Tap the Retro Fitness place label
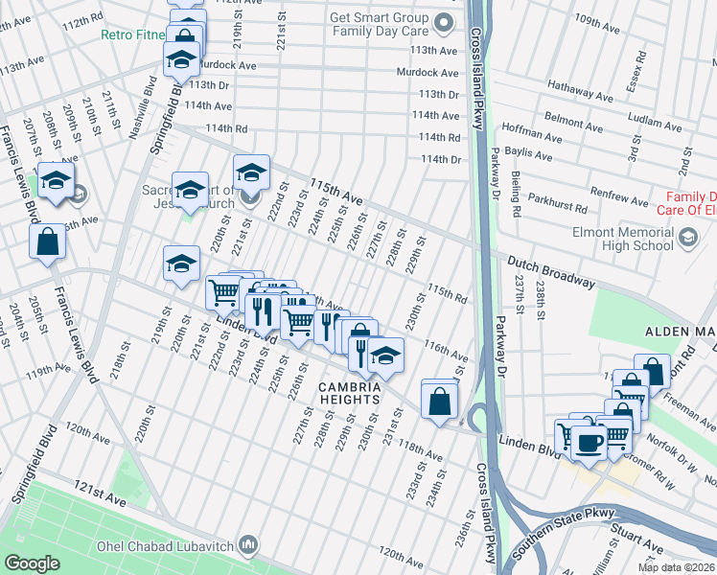point(133,35)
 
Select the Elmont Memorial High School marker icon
point(687,237)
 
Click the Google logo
point(33,563)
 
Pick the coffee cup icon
point(590,442)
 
